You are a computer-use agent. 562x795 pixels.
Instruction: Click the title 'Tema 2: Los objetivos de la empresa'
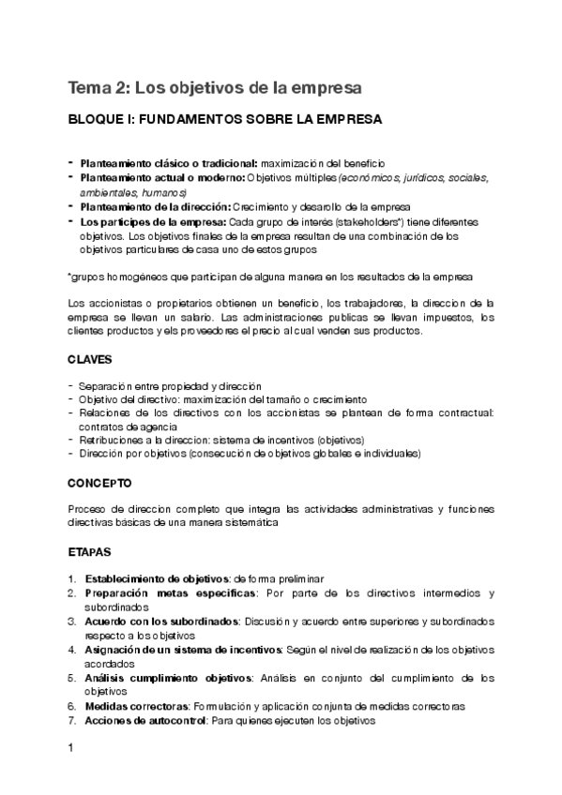click(x=214, y=88)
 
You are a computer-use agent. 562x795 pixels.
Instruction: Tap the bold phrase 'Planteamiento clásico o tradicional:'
click(x=169, y=163)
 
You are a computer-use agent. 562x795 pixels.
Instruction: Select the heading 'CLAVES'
click(x=90, y=360)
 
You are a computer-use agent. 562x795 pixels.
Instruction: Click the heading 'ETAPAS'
click(x=90, y=552)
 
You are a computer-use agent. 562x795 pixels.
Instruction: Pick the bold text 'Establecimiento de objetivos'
click(x=157, y=579)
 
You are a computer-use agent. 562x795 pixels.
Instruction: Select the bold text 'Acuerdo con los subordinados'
click(x=159, y=622)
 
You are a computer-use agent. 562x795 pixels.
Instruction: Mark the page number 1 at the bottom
click(x=70, y=749)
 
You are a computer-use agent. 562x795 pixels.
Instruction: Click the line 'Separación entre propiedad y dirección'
click(x=170, y=386)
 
